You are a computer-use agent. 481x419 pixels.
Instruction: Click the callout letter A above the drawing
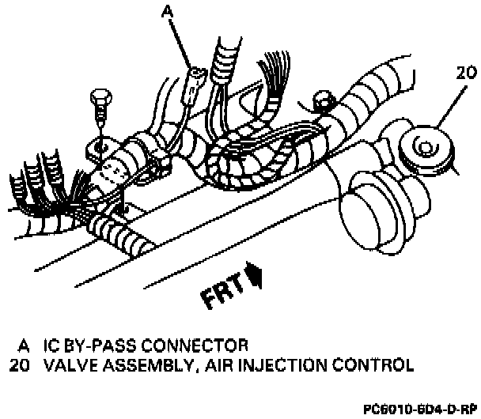[167, 10]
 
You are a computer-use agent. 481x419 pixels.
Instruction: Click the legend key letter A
[25, 345]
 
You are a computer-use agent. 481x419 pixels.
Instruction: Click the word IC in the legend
[52, 345]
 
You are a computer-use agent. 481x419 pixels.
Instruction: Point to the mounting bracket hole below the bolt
[99, 146]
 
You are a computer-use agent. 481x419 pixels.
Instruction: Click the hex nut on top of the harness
[321, 100]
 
